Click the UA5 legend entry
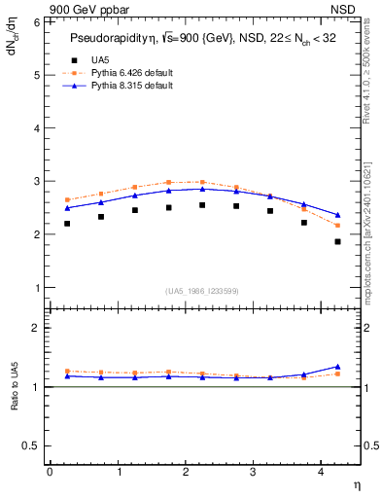97,59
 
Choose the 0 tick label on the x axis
50,471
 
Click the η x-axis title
356,483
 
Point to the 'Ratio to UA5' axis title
14,402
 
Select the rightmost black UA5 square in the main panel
338,241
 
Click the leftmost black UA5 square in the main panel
67,224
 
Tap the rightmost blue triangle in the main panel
338,215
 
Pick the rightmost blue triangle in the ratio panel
338,367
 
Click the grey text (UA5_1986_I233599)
203,292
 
